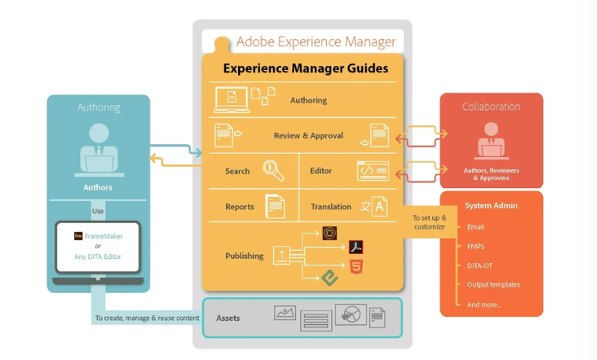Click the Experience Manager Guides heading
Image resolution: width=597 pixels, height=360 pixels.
pos(306,68)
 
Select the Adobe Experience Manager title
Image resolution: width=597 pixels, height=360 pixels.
pos(316,41)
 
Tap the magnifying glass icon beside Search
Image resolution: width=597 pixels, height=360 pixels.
pos(274,170)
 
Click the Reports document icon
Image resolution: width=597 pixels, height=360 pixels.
pos(275,206)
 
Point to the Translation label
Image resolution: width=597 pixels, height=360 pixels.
pos(331,207)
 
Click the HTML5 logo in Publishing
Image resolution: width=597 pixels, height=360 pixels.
pos(356,266)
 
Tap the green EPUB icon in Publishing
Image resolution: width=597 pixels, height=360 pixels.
pos(330,277)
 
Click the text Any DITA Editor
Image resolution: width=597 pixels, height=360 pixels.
pos(99,256)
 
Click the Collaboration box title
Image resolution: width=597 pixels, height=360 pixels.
pos(491,107)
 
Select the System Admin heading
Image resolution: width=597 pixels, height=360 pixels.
pos(492,205)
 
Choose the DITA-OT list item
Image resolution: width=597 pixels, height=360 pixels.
pos(481,265)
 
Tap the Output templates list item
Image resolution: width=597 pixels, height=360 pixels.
pos(494,284)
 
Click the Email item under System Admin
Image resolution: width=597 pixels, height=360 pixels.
pos(475,227)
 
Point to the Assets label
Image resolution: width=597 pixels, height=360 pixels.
pos(228,319)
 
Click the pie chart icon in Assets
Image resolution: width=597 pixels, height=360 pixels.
pos(350,315)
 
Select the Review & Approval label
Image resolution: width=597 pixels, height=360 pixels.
pos(308,136)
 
